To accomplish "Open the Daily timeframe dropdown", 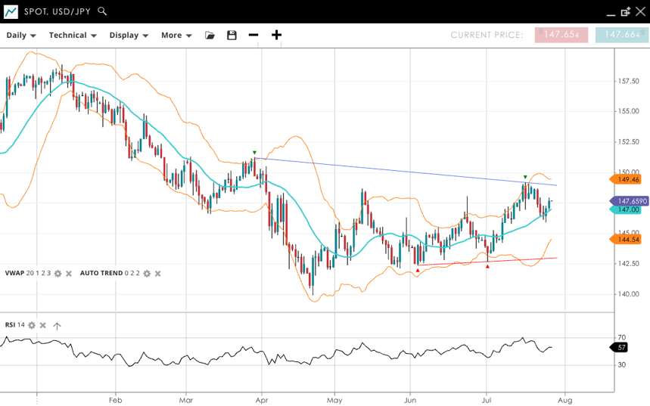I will click(x=21, y=35).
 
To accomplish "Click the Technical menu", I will click(x=73, y=35).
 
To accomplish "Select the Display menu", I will click(x=128, y=35).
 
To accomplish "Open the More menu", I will click(x=176, y=35).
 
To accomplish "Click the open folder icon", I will click(x=210, y=35).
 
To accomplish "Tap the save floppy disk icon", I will click(x=232, y=35).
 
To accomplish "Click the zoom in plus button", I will click(x=277, y=35).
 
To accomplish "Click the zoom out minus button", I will click(x=253, y=35).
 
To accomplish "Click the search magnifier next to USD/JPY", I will click(x=103, y=11).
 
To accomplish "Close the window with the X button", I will click(x=640, y=11).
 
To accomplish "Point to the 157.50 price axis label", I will click(x=629, y=81).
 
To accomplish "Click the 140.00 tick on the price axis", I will click(x=629, y=294).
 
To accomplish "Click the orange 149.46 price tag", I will click(x=627, y=179).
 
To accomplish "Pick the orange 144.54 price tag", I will click(x=627, y=240).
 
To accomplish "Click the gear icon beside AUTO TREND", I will click(x=147, y=273).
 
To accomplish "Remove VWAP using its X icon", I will click(x=69, y=273).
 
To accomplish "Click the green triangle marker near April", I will click(x=254, y=152).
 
